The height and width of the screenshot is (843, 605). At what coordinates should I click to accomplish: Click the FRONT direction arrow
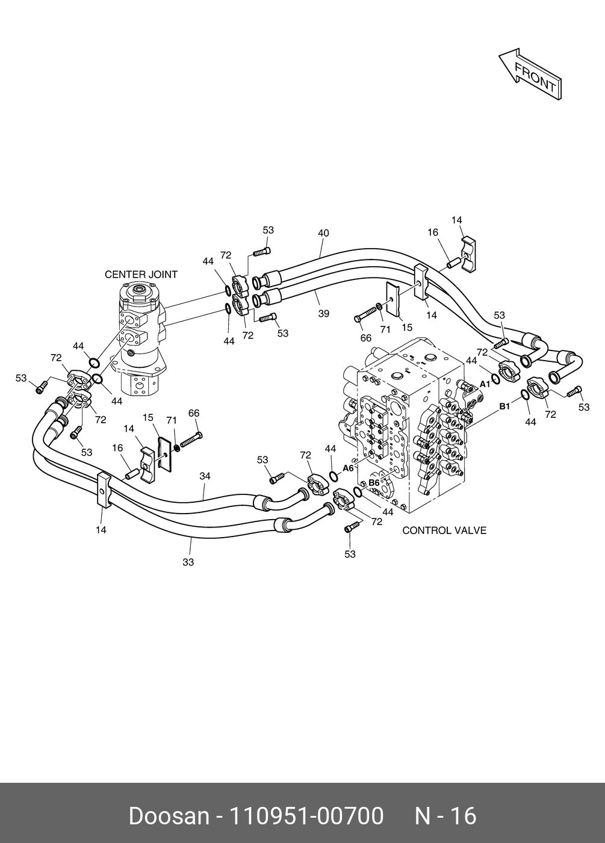(x=530, y=74)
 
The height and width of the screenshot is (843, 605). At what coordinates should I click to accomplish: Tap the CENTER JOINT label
(x=141, y=275)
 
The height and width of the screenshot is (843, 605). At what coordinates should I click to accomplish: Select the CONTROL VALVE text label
(x=444, y=530)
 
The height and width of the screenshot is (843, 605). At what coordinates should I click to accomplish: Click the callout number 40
(x=323, y=233)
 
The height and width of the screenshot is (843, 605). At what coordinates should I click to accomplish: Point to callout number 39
(x=324, y=314)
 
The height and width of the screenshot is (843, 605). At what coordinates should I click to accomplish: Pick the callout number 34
(x=205, y=476)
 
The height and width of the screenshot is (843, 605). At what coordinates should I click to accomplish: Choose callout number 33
(x=188, y=562)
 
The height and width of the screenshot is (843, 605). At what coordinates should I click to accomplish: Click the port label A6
(x=349, y=468)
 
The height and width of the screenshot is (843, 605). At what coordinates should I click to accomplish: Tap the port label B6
(x=374, y=482)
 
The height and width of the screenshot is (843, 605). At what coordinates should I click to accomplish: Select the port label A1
(x=485, y=384)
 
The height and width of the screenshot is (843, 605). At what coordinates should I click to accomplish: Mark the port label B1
(x=505, y=406)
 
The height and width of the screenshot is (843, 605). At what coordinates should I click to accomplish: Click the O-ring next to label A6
(x=334, y=476)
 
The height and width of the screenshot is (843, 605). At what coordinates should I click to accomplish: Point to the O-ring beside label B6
(x=358, y=491)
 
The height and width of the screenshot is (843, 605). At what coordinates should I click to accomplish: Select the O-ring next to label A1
(x=496, y=379)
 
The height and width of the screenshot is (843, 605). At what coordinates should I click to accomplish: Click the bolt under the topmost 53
(x=262, y=252)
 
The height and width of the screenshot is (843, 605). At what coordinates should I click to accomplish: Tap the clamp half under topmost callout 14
(x=469, y=254)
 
